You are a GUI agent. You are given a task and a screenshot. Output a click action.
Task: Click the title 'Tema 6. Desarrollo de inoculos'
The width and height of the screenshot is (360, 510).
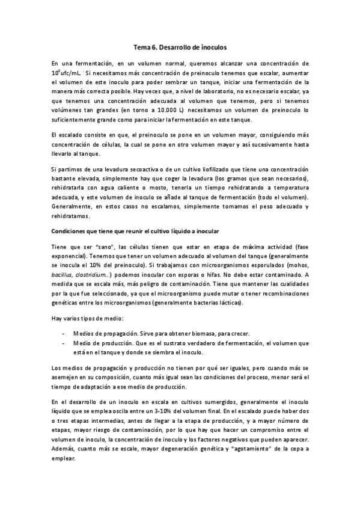click(x=180, y=46)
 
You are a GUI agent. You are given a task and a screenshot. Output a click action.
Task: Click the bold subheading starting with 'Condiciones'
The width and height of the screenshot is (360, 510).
click(x=136, y=231)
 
